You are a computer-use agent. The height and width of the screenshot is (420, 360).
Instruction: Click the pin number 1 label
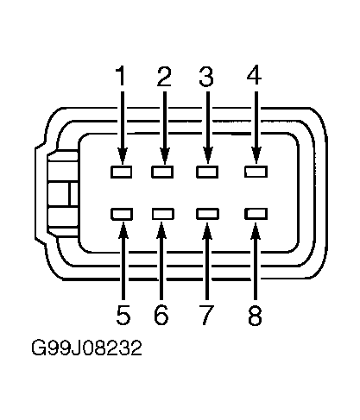click(x=121, y=76)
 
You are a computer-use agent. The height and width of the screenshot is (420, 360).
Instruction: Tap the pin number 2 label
click(x=164, y=76)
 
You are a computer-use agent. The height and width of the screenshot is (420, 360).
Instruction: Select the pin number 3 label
click(x=206, y=76)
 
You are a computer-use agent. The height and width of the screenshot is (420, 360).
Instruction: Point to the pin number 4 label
click(x=254, y=75)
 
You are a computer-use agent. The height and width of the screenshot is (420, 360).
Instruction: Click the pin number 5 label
click(x=123, y=315)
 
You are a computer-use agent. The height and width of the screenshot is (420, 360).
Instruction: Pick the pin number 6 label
click(x=161, y=315)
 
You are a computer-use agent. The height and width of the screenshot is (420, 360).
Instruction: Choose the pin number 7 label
click(x=206, y=315)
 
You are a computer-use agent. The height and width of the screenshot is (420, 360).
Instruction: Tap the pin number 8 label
click(x=255, y=315)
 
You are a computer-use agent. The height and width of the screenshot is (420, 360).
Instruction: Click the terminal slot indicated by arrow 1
click(x=121, y=172)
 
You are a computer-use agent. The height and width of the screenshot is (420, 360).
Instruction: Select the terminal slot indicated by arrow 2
click(x=162, y=172)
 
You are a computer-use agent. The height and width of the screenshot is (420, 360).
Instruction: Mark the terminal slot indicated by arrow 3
click(x=207, y=172)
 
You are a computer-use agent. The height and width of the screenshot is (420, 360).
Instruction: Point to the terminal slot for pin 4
click(x=256, y=172)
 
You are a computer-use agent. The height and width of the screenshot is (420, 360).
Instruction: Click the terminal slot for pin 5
click(x=122, y=214)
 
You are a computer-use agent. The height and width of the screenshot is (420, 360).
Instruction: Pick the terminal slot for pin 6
click(x=163, y=214)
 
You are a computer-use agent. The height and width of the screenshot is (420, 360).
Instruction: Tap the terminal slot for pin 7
click(x=207, y=214)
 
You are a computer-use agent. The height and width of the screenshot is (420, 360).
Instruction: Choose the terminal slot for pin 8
click(x=256, y=214)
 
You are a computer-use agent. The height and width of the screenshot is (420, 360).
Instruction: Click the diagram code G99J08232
click(x=86, y=348)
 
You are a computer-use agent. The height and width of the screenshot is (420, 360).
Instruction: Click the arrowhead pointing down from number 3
click(x=208, y=155)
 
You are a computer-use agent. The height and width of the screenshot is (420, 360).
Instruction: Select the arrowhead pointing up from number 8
click(x=256, y=230)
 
